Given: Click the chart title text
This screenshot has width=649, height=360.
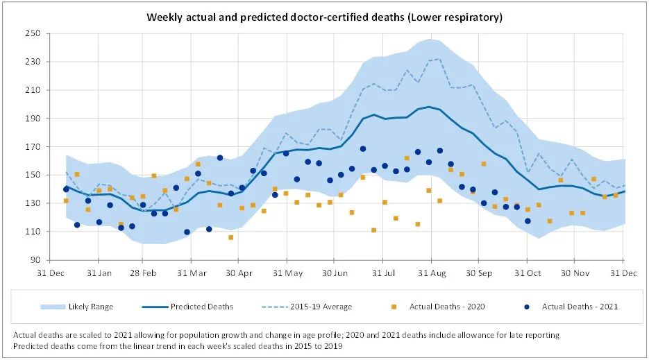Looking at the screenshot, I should click(324, 17).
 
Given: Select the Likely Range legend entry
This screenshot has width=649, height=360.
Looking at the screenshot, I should click(90, 307).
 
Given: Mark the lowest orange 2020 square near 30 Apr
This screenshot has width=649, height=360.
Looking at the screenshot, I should click(231, 237).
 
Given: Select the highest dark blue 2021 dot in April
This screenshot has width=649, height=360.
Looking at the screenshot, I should click(220, 158).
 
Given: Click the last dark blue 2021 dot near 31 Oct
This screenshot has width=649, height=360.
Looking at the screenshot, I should click(528, 221).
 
